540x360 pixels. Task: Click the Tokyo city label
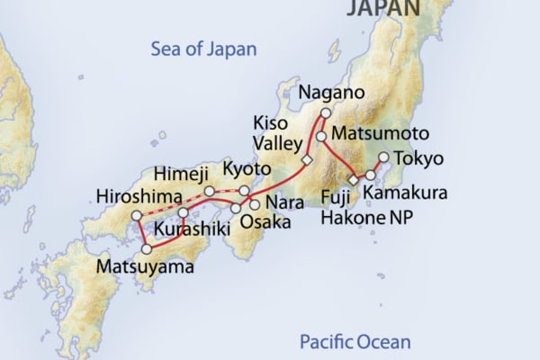pyautogui.click(x=420, y=159)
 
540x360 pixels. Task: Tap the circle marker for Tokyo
pyautogui.click(x=382, y=157)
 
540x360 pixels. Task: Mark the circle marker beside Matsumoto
pyautogui.click(x=319, y=136)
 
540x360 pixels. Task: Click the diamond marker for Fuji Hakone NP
pyautogui.click(x=354, y=180)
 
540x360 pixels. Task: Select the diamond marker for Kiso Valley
pyautogui.click(x=306, y=160)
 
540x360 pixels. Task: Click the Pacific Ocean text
pyautogui.click(x=355, y=342)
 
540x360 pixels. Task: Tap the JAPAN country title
pyautogui.click(x=382, y=8)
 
